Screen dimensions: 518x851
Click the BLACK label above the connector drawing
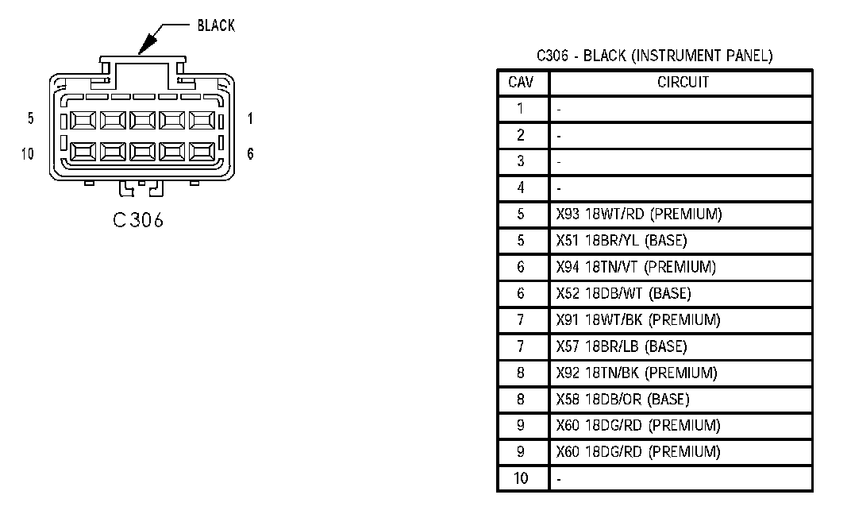point(216,25)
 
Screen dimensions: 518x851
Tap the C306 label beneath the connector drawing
point(138,221)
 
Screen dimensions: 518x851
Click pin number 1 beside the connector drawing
point(250,118)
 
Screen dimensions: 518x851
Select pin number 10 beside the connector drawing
point(28,153)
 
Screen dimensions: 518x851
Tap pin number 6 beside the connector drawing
point(250,153)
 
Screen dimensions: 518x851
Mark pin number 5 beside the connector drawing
point(30,118)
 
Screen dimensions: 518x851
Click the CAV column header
point(521,82)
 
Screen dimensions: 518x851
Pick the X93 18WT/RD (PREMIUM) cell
point(639,214)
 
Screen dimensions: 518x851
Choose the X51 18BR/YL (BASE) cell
point(622,241)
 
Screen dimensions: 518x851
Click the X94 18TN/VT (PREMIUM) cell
point(637,267)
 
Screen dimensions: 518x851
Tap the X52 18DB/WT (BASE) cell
point(624,293)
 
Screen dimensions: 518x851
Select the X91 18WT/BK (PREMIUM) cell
point(638,319)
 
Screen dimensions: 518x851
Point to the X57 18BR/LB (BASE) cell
point(622,346)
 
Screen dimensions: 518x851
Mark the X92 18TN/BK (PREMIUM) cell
point(637,373)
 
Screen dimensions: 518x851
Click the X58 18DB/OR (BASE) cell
point(623,399)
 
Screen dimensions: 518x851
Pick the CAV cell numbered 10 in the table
point(521,478)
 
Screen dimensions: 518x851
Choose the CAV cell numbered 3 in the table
point(521,161)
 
